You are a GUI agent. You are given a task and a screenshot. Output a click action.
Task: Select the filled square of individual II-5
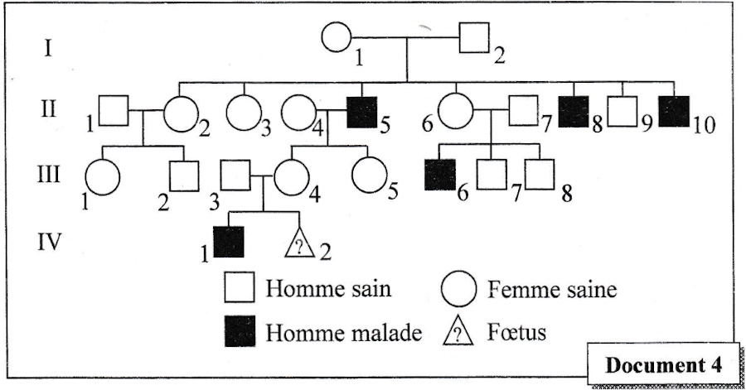361,111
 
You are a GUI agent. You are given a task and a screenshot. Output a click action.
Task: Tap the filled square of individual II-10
676,111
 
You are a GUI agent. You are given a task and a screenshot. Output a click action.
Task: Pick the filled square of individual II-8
574,111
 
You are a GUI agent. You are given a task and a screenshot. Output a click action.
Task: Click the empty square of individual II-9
622,111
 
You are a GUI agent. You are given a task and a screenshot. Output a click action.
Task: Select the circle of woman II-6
454,111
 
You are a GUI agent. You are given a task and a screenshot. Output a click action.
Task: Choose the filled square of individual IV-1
229,242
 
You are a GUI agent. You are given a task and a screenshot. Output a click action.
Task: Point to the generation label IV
51,243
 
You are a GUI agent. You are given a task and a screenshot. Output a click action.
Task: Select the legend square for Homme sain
238,289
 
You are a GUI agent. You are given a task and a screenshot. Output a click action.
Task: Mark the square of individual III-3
238,174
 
